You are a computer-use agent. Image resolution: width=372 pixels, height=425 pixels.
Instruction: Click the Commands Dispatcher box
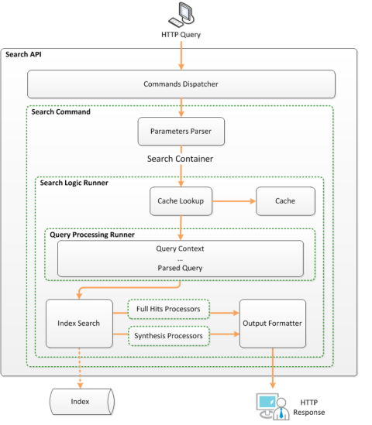[x=181, y=84]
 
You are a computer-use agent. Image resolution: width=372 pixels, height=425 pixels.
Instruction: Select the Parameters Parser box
[x=181, y=131]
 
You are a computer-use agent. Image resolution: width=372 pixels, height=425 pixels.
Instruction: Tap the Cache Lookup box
[x=181, y=201]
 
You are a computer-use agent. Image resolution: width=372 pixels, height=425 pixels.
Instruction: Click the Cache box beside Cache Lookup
[x=285, y=201]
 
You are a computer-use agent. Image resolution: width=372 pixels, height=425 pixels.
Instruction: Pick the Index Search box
[x=79, y=324]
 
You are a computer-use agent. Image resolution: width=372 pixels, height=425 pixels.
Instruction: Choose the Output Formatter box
[x=273, y=324]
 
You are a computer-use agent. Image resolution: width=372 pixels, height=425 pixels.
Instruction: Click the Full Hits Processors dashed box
[x=168, y=309]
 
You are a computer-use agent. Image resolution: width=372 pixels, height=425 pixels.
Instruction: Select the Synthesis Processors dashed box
[x=168, y=336]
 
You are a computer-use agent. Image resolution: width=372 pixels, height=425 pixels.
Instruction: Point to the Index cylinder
[x=82, y=402]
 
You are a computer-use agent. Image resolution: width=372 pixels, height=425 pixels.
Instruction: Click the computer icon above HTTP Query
[x=181, y=15]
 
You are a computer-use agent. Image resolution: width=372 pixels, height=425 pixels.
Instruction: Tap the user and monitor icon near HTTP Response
[x=273, y=406]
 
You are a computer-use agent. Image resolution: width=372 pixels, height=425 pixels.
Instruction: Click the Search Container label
[x=180, y=159]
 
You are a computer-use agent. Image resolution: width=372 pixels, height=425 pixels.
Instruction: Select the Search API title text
[x=23, y=54]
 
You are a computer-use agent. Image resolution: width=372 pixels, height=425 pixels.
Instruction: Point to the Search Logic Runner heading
[x=74, y=183]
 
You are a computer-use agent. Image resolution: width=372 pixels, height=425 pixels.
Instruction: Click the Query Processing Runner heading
[x=92, y=235]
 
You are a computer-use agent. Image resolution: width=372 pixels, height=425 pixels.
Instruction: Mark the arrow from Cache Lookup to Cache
[x=234, y=201]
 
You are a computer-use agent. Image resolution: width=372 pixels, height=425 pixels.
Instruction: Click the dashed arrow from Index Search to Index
[x=80, y=368]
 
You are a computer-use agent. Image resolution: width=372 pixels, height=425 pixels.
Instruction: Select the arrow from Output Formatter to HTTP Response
[x=273, y=368]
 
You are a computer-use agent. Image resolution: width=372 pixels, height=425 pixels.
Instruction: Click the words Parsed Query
[x=180, y=268]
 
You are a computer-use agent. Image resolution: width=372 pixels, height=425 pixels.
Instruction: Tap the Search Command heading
[x=60, y=112]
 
